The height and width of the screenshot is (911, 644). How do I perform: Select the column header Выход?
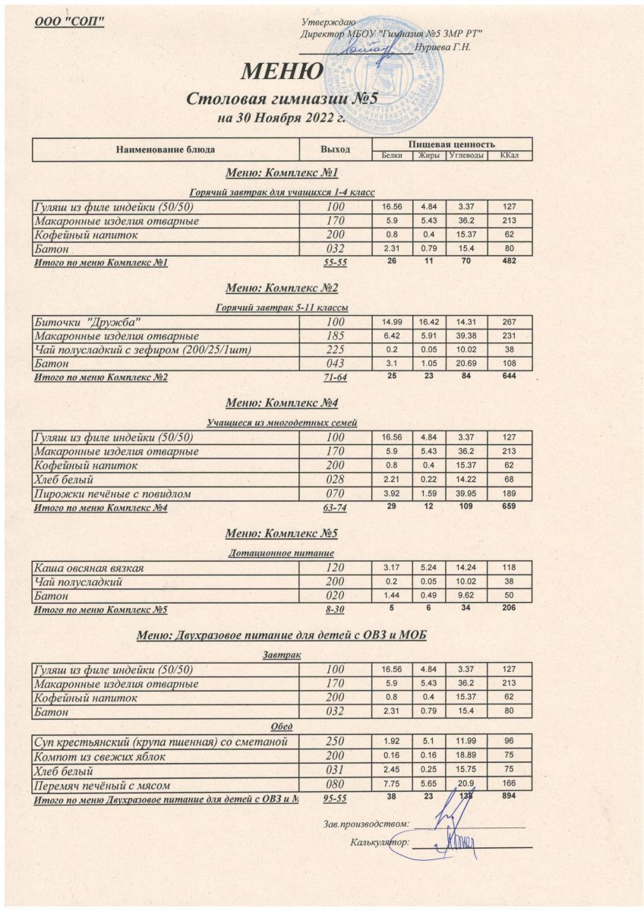tap(335, 149)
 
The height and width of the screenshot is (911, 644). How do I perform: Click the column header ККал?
tap(509, 156)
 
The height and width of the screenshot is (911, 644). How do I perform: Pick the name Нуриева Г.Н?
tap(450, 47)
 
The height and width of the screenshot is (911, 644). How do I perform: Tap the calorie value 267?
tap(509, 322)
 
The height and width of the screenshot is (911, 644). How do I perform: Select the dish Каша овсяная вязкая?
tap(90, 568)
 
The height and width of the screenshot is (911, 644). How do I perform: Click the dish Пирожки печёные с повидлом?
tap(111, 493)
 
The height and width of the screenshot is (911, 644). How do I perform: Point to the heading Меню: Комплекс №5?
tap(282, 533)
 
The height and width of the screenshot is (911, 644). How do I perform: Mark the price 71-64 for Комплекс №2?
tap(335, 377)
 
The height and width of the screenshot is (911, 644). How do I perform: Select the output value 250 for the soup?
tap(335, 742)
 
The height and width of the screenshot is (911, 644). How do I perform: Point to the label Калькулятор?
tap(380, 842)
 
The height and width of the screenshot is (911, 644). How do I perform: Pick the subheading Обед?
tap(282, 727)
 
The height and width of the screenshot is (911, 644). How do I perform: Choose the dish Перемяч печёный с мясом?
tap(99, 785)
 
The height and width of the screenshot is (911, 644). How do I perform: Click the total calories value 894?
tap(509, 799)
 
